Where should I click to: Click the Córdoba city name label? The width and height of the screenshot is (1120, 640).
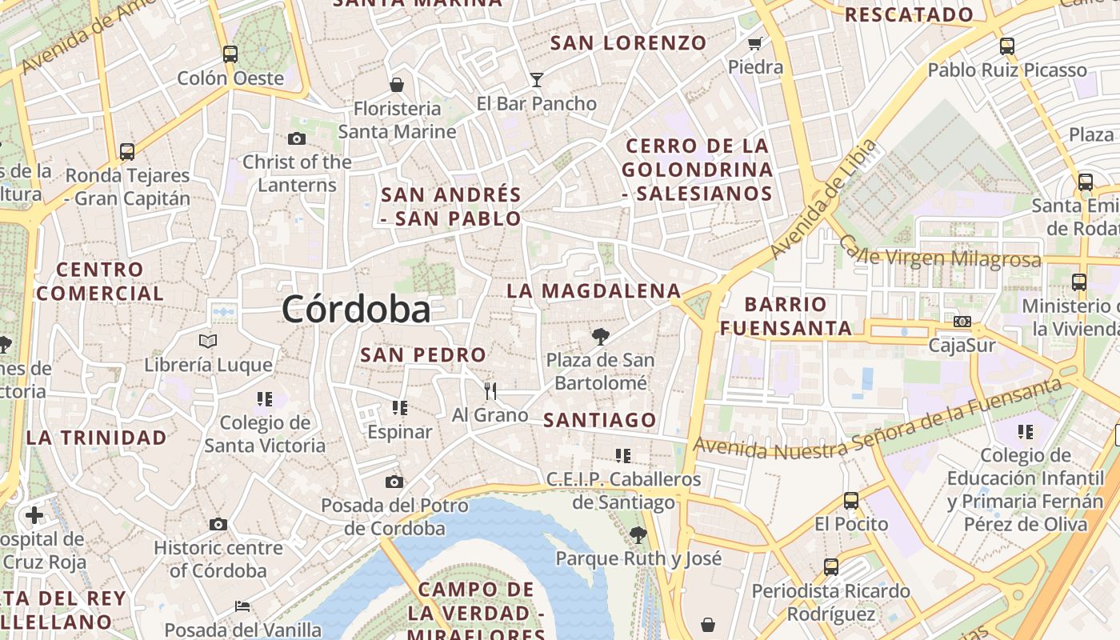pyautogui.click(x=356, y=310)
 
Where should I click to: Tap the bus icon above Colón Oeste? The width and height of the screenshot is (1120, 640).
pyautogui.click(x=230, y=54)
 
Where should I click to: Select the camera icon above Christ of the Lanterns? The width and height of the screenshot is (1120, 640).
pyautogui.click(x=297, y=138)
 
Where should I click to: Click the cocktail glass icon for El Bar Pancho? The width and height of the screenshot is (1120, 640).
pyautogui.click(x=536, y=80)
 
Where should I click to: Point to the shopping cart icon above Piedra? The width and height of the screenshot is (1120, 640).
pyautogui.click(x=754, y=43)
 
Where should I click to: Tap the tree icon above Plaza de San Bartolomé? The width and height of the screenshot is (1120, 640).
pyautogui.click(x=600, y=336)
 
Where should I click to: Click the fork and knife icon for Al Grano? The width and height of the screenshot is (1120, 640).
pyautogui.click(x=490, y=390)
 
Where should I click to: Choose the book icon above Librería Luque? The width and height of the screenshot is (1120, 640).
pyautogui.click(x=208, y=342)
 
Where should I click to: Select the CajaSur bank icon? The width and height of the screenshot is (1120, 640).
pyautogui.click(x=962, y=322)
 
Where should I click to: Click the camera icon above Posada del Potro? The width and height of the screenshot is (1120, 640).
pyautogui.click(x=394, y=482)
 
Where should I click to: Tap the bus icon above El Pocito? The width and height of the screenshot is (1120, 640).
pyautogui.click(x=851, y=501)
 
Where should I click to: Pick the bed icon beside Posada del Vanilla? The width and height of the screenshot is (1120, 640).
pyautogui.click(x=242, y=606)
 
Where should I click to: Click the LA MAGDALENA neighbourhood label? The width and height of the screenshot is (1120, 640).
pyautogui.click(x=594, y=291)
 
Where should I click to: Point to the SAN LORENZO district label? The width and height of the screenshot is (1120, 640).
pyautogui.click(x=629, y=43)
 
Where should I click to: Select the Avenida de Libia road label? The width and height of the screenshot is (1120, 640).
pyautogui.click(x=824, y=200)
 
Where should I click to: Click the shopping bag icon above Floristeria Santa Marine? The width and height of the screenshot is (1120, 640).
pyautogui.click(x=397, y=85)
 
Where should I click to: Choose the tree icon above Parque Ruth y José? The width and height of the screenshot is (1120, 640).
pyautogui.click(x=638, y=534)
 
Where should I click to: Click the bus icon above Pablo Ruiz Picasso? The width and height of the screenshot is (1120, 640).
pyautogui.click(x=1007, y=46)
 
